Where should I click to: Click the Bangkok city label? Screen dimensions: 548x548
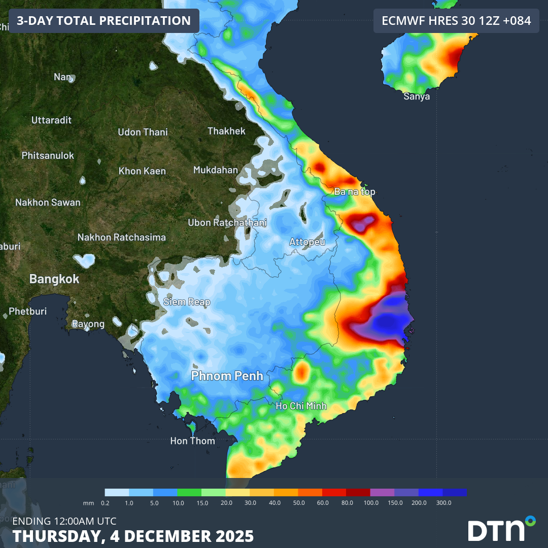tap(54, 279)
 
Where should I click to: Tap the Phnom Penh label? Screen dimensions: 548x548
tap(227, 375)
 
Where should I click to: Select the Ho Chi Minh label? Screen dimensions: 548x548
tap(301, 406)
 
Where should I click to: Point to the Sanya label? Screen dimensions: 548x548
tap(417, 96)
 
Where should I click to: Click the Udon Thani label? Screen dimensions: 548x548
tap(143, 132)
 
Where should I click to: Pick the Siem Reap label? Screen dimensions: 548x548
tap(186, 302)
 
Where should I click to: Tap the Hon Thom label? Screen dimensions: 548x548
tap(192, 441)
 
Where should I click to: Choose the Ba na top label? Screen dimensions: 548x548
tap(355, 191)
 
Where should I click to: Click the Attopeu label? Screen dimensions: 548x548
tap(307, 242)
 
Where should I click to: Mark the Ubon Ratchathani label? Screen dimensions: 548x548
tap(227, 222)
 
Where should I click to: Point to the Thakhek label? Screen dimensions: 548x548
tap(226, 131)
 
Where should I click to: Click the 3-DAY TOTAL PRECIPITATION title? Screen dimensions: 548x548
tap(104, 21)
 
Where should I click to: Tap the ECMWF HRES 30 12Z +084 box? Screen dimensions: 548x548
tap(456, 21)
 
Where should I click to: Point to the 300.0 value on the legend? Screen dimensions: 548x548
tap(443, 502)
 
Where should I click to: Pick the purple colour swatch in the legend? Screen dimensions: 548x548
tap(382, 492)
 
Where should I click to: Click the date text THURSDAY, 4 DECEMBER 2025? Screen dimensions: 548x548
tap(133, 536)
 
